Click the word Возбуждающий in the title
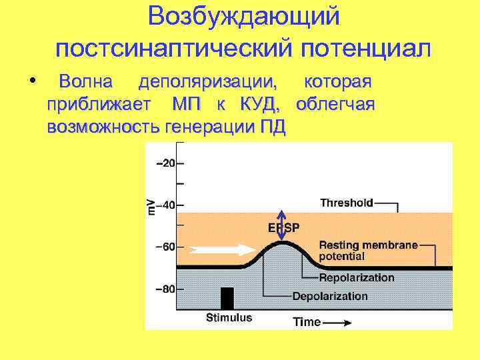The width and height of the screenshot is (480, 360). pos(243,17)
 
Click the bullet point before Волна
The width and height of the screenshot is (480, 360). pos(33,82)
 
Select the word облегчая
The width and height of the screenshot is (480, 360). pos(335,105)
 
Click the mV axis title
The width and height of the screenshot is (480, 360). pos(151,205)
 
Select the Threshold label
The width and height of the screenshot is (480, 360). pos(347,202)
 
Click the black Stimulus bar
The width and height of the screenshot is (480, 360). pos(227,299)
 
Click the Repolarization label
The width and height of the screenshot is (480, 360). pos(357,278)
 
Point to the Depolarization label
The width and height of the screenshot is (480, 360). pos(330,295)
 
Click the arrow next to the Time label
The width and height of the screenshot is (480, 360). pos(339,323)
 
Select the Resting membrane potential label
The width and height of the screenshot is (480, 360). pos(368,251)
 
